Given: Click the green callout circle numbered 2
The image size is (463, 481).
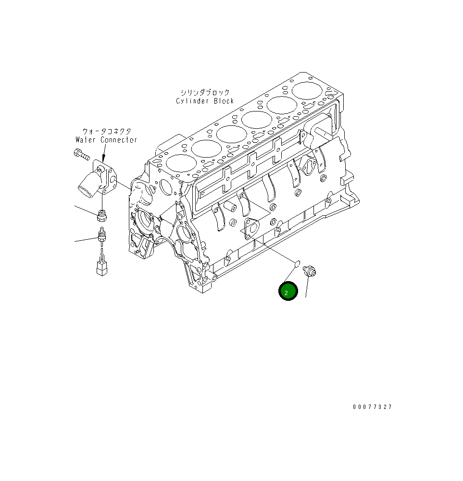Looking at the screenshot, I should [x=288, y=292].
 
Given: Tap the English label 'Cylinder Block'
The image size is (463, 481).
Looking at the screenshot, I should [x=205, y=101].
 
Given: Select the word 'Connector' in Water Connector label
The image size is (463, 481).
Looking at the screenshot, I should [x=119, y=140].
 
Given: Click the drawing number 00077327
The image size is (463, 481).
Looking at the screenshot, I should [x=372, y=407].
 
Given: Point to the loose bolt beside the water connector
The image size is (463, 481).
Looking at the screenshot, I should [x=82, y=155].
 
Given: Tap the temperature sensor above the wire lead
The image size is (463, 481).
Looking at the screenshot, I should [x=101, y=235].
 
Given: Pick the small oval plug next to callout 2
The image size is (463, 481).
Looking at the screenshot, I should [x=297, y=263].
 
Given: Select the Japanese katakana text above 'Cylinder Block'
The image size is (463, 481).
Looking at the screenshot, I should [x=205, y=92].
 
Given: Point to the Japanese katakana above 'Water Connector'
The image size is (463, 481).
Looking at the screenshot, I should [x=106, y=131].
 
